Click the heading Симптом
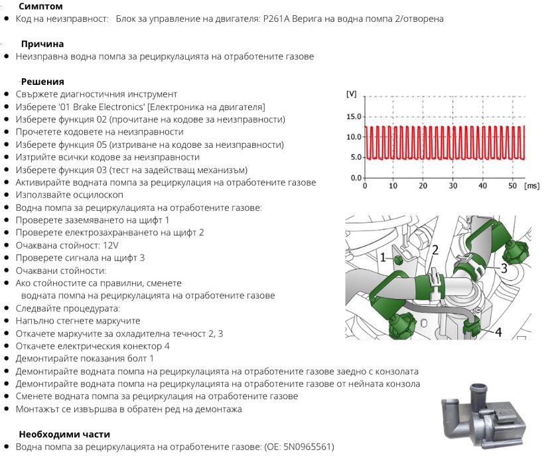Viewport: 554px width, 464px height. (42, 6)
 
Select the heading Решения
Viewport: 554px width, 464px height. (42, 82)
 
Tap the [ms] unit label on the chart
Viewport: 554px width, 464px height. (531, 186)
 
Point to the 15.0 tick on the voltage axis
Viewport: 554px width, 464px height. (354, 117)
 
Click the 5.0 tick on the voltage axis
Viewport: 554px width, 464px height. (356, 157)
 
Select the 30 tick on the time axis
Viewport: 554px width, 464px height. (452, 186)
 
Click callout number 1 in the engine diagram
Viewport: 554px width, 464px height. (383, 257)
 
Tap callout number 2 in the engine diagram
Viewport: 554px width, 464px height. (435, 250)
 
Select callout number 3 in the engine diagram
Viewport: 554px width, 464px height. (504, 268)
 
